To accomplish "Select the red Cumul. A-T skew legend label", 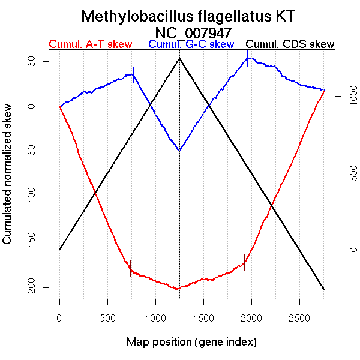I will click(x=90, y=44).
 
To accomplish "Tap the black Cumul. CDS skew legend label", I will click(x=290, y=44).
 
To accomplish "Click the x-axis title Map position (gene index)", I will click(x=191, y=342).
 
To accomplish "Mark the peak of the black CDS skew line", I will click(x=179, y=58).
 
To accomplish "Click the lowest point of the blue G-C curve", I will click(x=179, y=150).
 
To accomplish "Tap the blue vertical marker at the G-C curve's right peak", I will click(x=247, y=58).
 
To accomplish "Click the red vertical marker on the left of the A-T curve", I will click(x=130, y=269).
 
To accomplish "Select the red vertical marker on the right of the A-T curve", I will click(x=244, y=262).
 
